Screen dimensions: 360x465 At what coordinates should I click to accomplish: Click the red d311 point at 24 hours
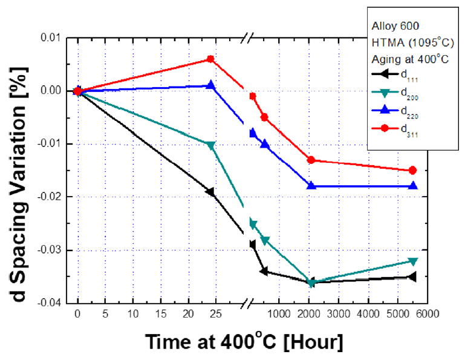210,59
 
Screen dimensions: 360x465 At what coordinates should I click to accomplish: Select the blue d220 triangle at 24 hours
210,85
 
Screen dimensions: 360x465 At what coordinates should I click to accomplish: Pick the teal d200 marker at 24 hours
210,145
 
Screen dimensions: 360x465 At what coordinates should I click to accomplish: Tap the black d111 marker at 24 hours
210,192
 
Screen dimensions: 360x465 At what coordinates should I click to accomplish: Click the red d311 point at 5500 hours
413,170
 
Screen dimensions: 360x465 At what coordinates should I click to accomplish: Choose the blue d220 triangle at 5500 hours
413,186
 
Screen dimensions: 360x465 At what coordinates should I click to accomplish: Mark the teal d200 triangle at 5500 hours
413,261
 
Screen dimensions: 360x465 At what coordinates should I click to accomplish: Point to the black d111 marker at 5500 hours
412,277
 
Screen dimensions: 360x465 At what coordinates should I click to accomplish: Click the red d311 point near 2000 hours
311,160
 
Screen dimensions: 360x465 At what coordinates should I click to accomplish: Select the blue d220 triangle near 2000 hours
311,186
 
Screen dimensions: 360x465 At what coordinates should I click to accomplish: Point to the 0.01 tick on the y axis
52,38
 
